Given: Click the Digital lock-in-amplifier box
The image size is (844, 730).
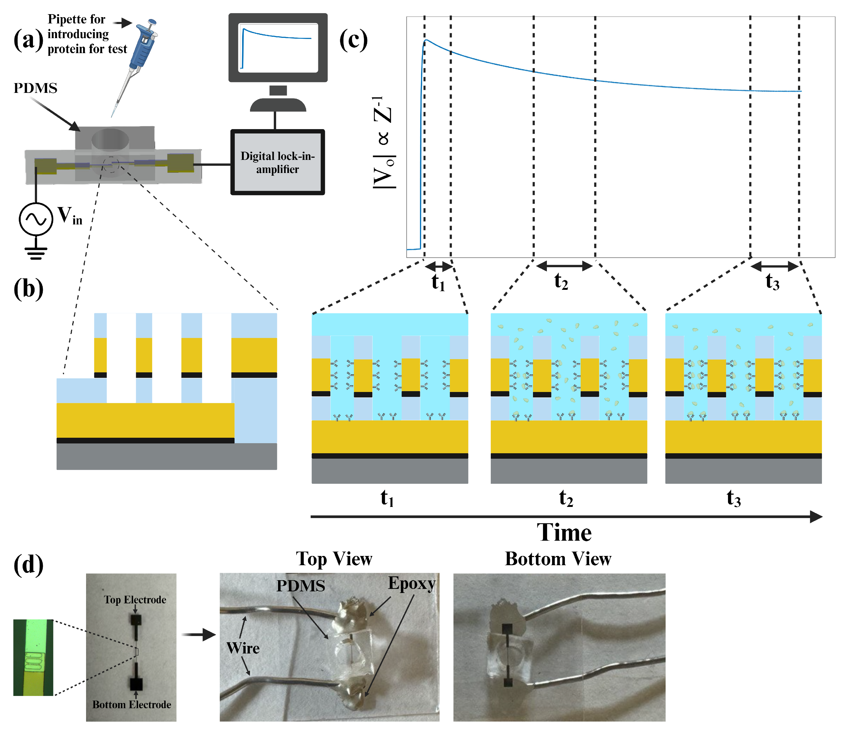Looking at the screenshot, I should click(278, 162).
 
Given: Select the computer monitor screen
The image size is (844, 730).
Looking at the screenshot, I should click(279, 48).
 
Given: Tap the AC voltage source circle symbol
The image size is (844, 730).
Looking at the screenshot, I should click(36, 219).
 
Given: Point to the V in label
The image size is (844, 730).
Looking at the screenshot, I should click(69, 216).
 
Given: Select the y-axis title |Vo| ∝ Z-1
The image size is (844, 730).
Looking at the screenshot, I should click(384, 142).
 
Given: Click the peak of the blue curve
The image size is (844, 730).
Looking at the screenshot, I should click(426, 40).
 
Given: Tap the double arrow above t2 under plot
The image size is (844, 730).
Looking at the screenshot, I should click(564, 266).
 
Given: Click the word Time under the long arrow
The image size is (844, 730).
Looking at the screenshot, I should click(564, 532).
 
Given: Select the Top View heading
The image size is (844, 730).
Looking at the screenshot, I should click(334, 558).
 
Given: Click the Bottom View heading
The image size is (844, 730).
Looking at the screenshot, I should click(558, 558).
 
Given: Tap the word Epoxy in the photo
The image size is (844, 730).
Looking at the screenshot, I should click(412, 583).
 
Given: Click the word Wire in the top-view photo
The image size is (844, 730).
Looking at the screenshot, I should click(243, 648).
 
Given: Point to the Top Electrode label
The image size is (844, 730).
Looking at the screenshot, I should click(135, 600).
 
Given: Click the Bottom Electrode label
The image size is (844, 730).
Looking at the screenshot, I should click(132, 704).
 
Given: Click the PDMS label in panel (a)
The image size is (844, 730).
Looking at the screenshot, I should click(35, 88).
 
